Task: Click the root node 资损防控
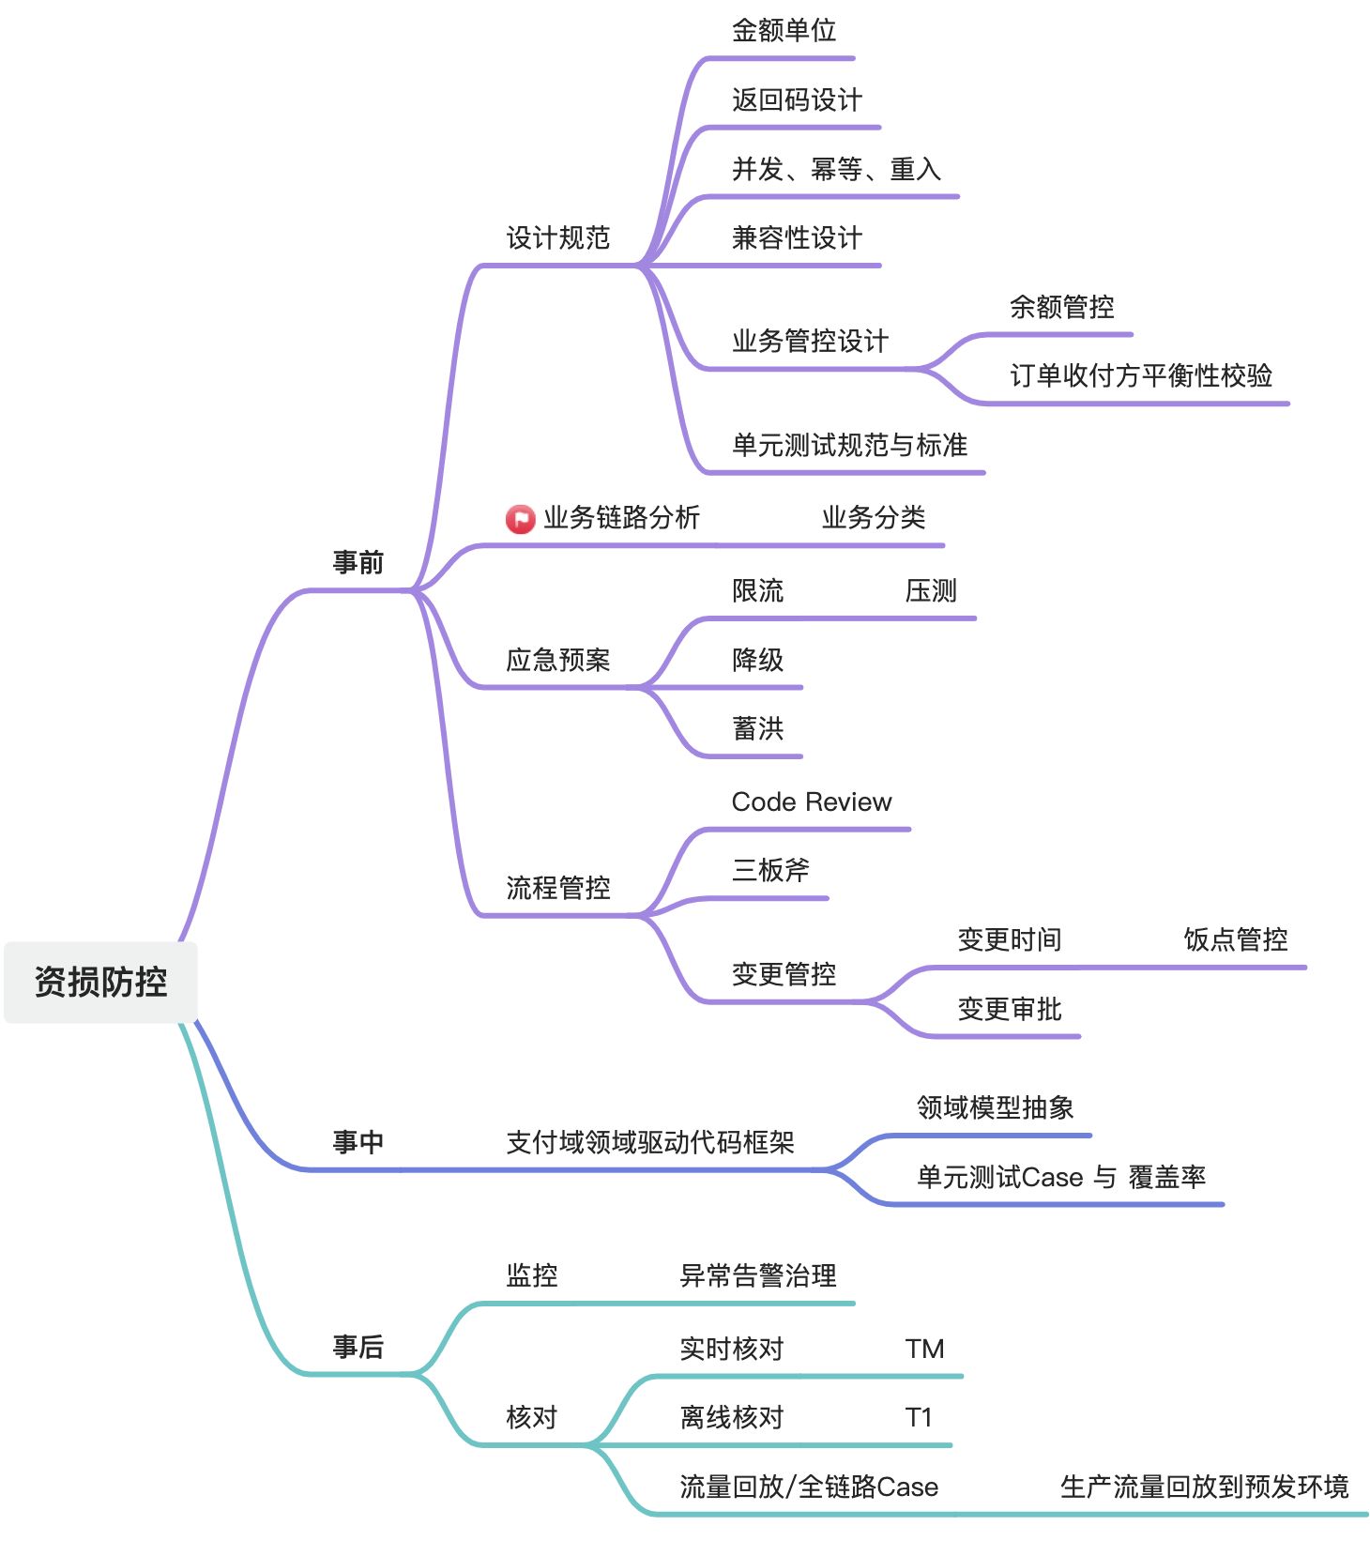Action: pyautogui.click(x=100, y=982)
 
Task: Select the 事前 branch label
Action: pyautogui.click(x=358, y=562)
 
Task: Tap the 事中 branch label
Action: pyautogui.click(x=358, y=1142)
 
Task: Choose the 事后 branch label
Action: pyautogui.click(x=358, y=1347)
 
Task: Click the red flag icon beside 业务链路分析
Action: pyautogui.click(x=520, y=518)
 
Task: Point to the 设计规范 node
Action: pyautogui.click(x=558, y=237)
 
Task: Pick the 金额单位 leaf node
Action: pyautogui.click(x=784, y=31)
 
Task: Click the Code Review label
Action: pyautogui.click(x=812, y=801)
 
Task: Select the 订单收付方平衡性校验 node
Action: pyautogui.click(x=1141, y=375)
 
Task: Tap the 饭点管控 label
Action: pyautogui.click(x=1235, y=939)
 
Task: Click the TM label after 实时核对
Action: pyautogui.click(x=924, y=1349)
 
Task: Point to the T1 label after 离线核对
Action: pyautogui.click(x=919, y=1417)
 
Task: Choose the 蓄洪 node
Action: pyautogui.click(x=757, y=728)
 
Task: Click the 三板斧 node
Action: pyautogui.click(x=770, y=870)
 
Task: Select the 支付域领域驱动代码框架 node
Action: pyautogui.click(x=650, y=1142)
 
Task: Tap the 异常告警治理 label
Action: pyautogui.click(x=758, y=1275)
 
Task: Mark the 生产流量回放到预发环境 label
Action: pyautogui.click(x=1204, y=1487)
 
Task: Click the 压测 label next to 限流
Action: pyautogui.click(x=931, y=590)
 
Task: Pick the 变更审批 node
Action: pyautogui.click(x=1010, y=1009)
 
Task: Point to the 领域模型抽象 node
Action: pyautogui.click(x=995, y=1107)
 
